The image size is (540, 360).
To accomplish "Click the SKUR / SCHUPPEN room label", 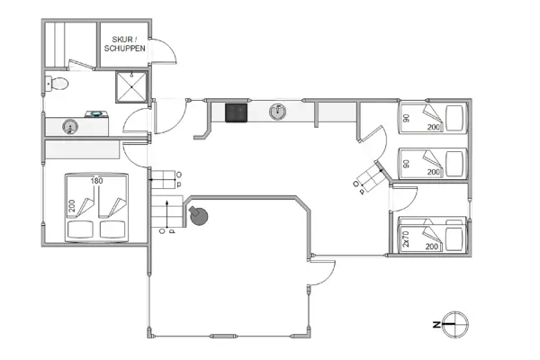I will tap(124, 43).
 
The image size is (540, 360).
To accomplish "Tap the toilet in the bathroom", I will tap(58, 85).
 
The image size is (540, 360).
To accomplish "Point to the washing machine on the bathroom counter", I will tap(94, 114).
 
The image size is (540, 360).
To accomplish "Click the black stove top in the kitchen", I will tap(237, 112).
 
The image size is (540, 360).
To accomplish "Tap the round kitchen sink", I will tap(279, 111).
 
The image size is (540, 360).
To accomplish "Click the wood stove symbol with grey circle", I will tap(197, 216).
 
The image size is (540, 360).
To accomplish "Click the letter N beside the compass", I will tap(435, 323).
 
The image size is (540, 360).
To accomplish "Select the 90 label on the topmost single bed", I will tap(406, 117).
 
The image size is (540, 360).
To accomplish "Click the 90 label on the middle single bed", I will tap(406, 163).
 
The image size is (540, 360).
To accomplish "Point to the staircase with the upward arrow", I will tap(166, 213).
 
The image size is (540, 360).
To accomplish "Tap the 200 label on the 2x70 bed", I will tap(432, 246).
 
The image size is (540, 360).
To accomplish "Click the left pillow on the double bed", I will tap(79, 229).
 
